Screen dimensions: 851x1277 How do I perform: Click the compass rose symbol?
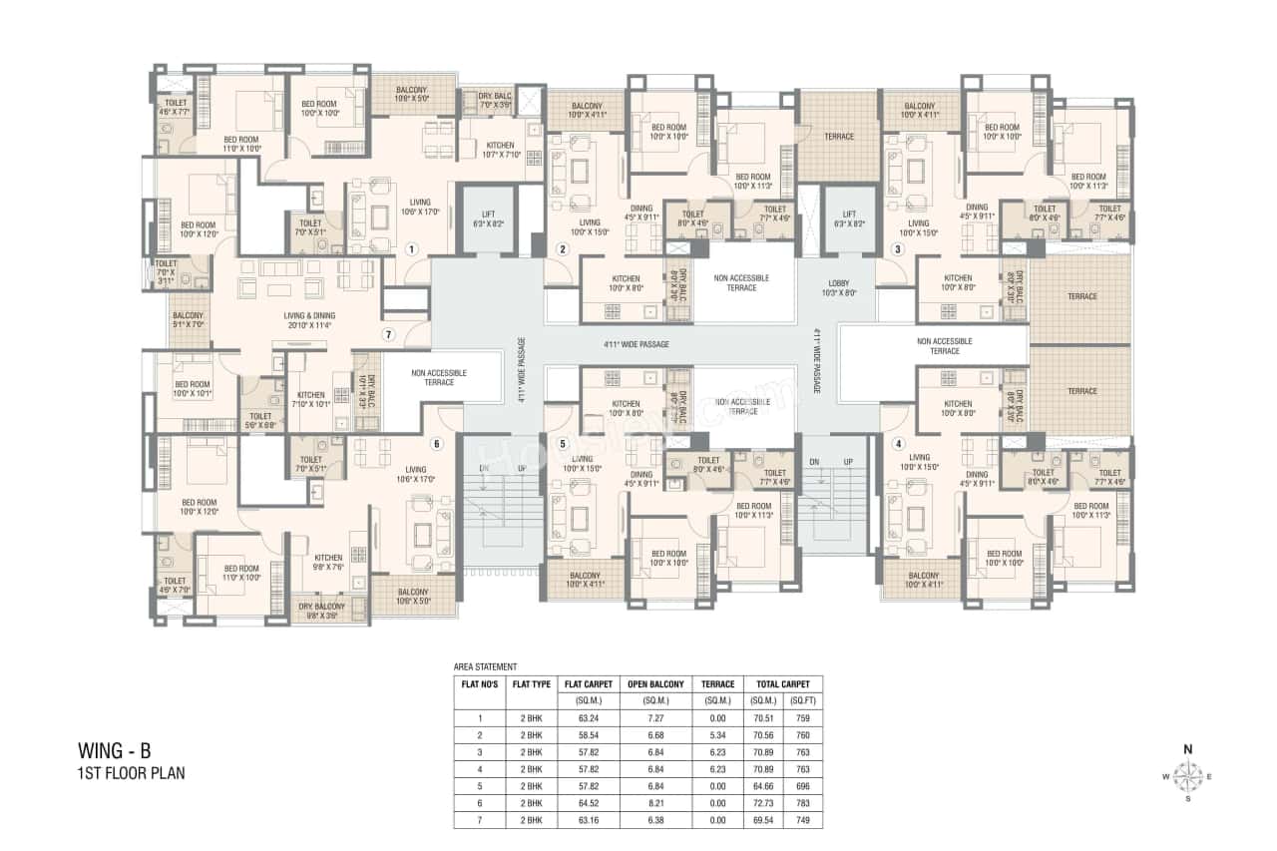pos(1187,773)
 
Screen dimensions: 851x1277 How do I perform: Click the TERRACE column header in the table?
pos(718,684)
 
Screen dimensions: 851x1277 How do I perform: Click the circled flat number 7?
pos(388,334)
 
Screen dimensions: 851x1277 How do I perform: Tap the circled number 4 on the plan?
pos(899,443)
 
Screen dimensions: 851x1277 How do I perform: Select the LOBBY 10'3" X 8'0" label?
pos(836,288)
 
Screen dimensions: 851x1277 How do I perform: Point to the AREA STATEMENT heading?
pos(485,665)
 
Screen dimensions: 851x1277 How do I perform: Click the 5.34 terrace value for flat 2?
pos(718,733)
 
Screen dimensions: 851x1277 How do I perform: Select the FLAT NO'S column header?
pos(479,684)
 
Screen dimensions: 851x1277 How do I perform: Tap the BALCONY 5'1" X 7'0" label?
pos(188,320)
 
